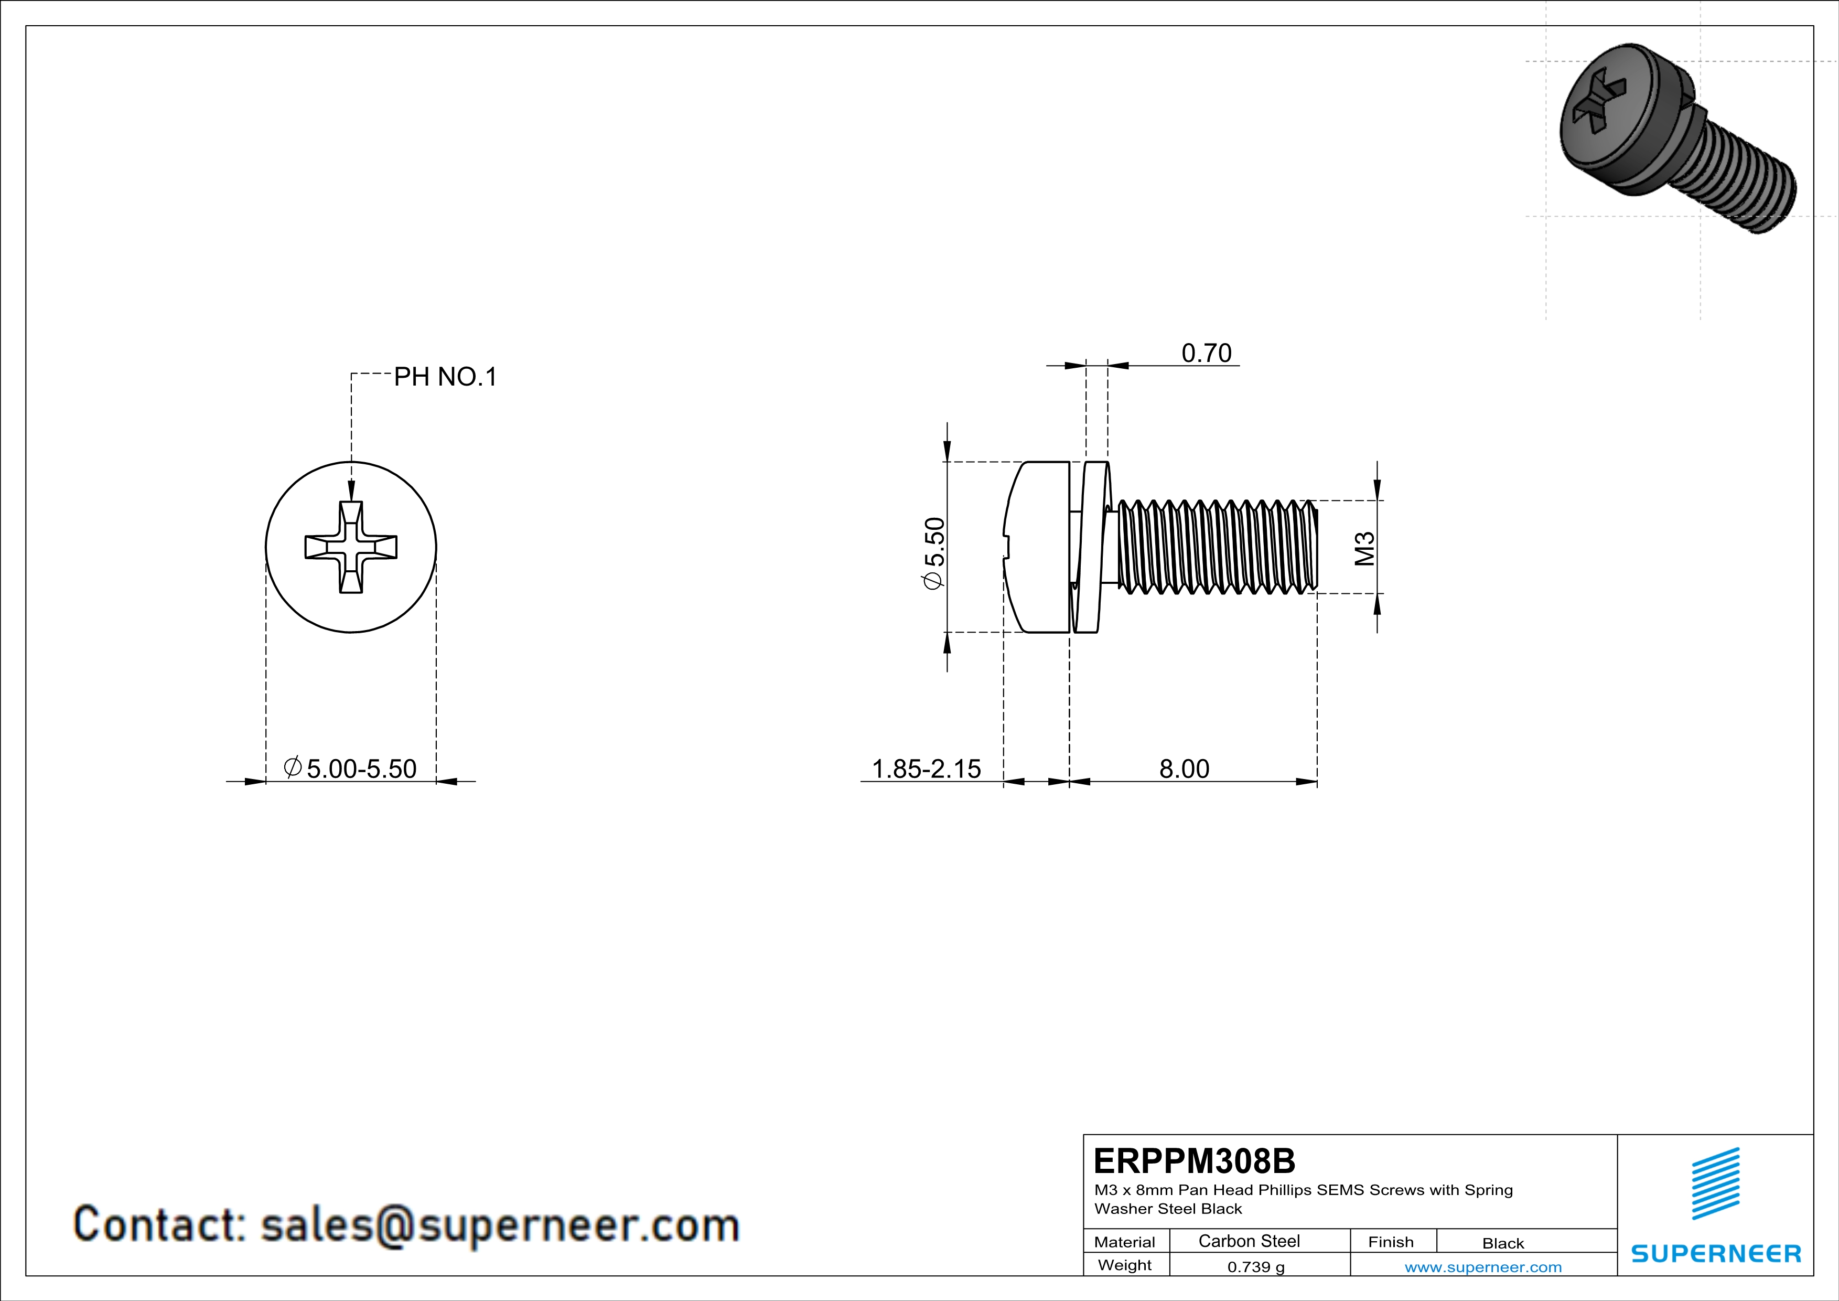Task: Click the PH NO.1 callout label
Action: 445,377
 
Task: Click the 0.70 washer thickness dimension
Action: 1206,353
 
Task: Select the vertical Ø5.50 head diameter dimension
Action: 935,553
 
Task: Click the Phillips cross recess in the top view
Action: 351,547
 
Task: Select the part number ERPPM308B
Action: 1193,1161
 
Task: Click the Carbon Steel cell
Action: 1249,1241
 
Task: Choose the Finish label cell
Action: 1391,1242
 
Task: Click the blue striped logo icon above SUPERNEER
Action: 1716,1183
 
